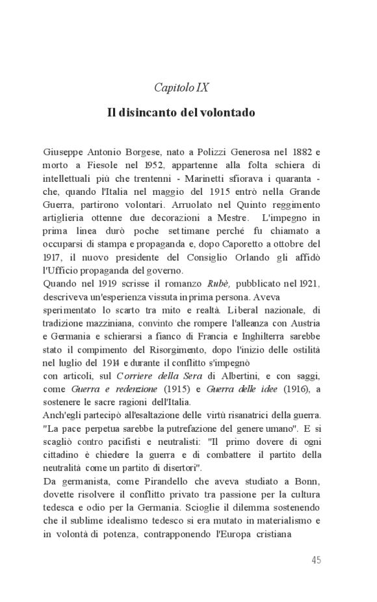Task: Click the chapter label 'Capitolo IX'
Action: click(181, 87)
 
